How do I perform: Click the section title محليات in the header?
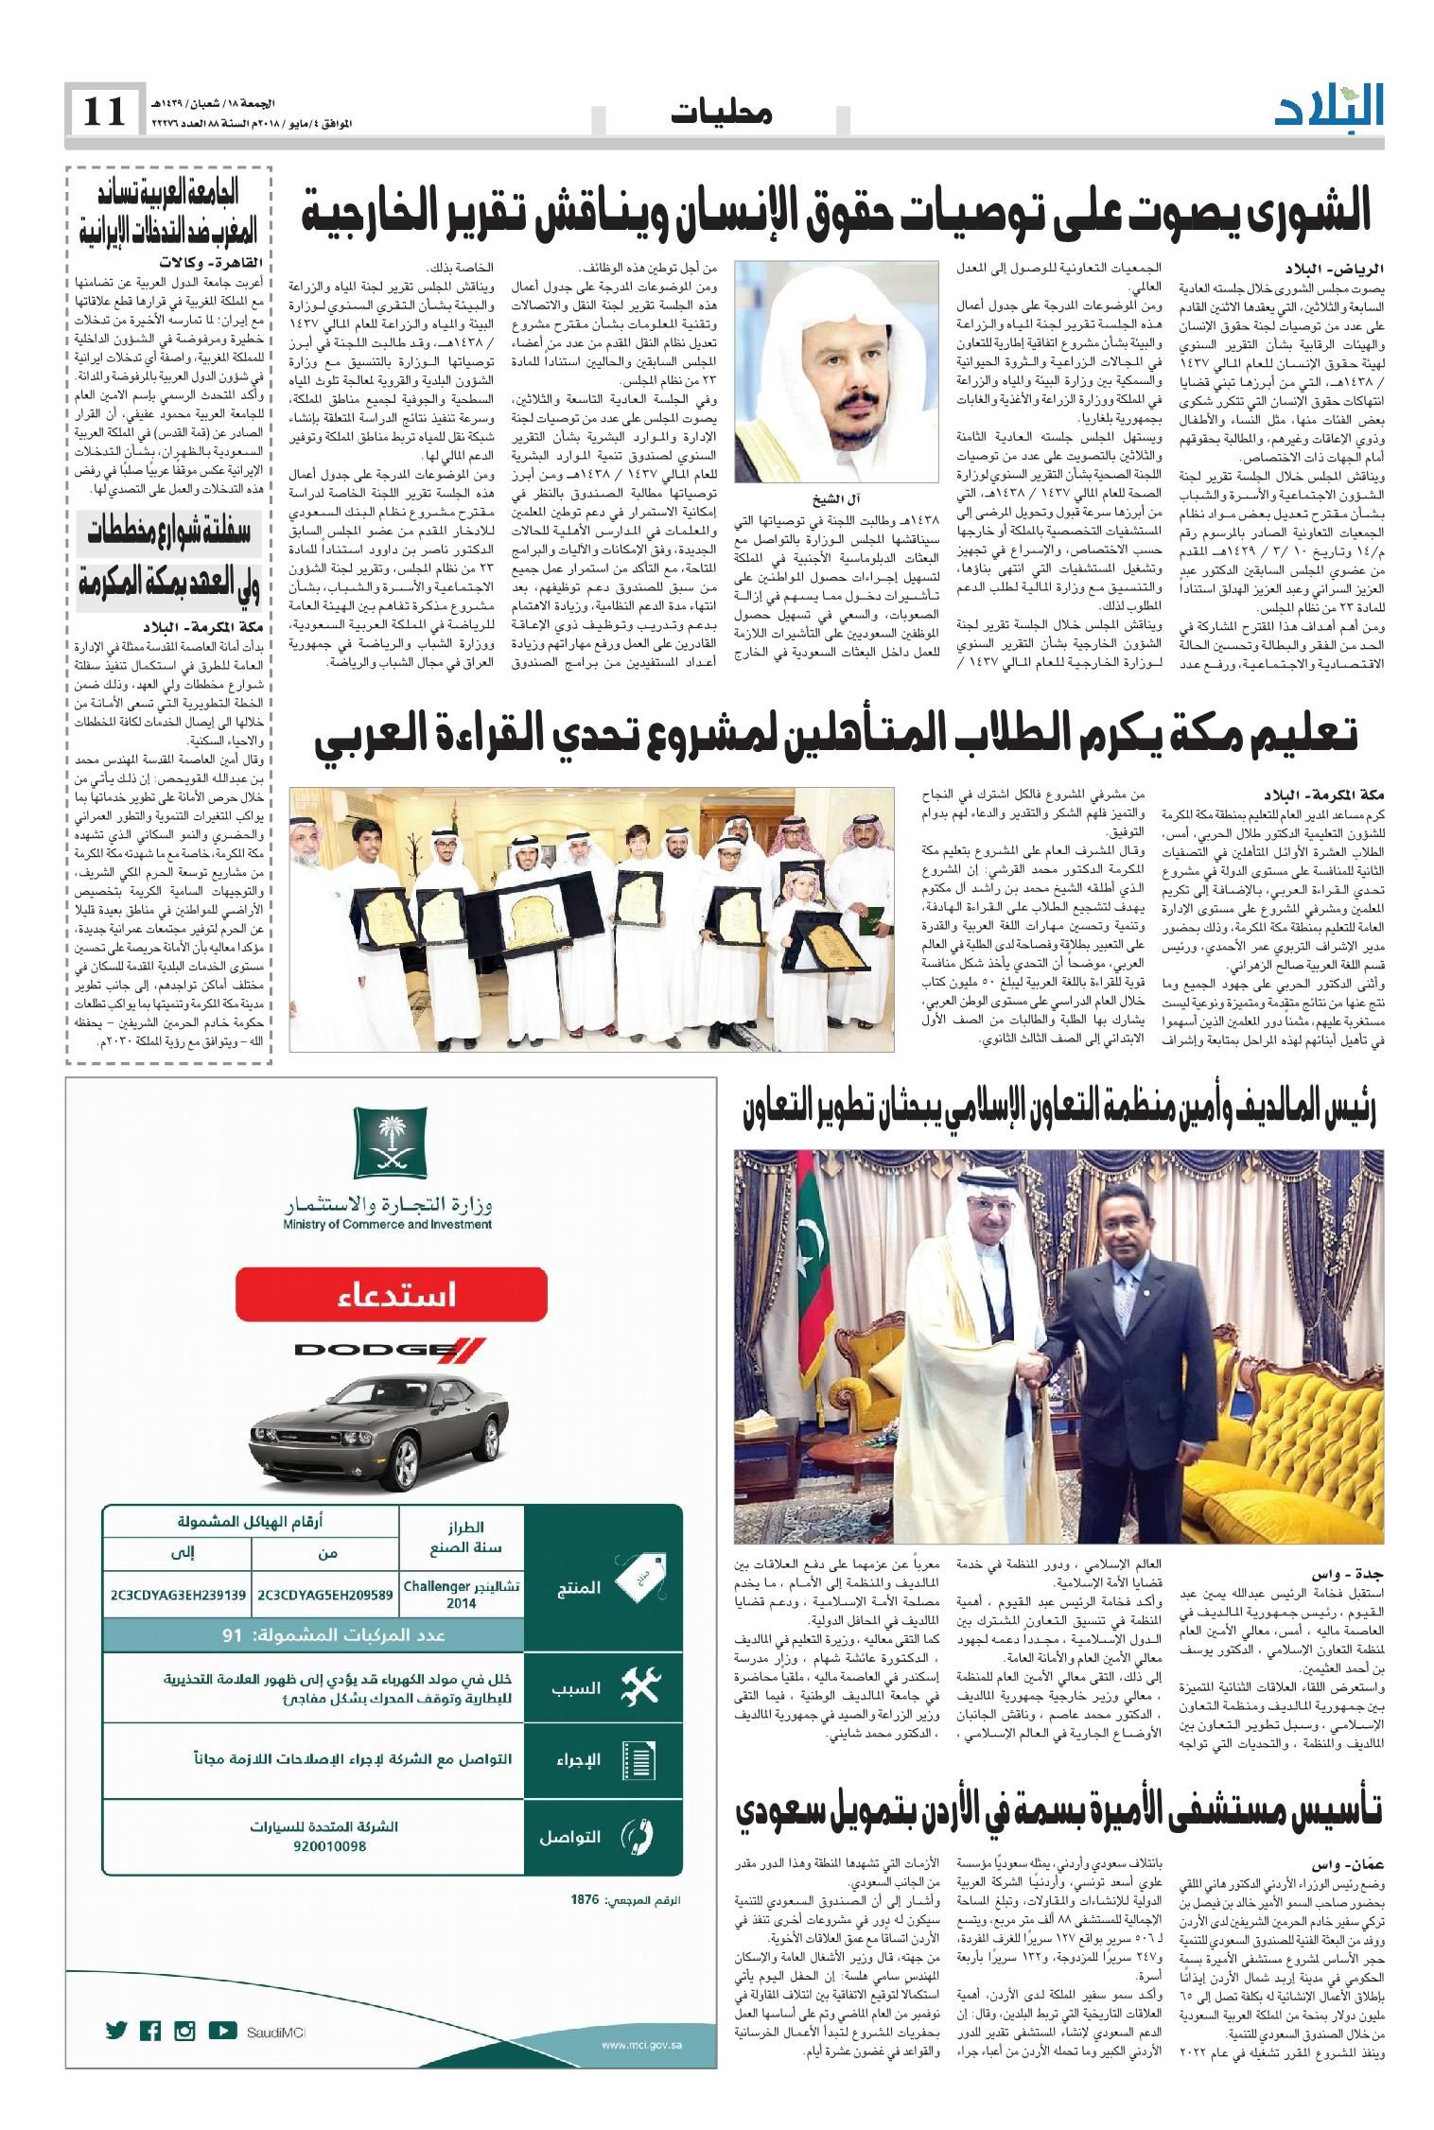point(722,114)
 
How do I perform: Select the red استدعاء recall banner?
point(391,1292)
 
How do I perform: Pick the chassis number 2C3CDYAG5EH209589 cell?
point(324,1595)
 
